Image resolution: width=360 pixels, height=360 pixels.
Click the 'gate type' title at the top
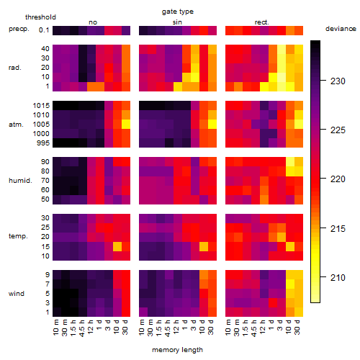pos(178,12)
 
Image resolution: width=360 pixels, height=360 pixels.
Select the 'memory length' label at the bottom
pos(177,350)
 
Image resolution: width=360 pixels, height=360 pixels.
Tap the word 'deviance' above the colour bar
pos(341,29)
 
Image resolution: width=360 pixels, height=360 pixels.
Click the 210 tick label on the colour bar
pos(338,278)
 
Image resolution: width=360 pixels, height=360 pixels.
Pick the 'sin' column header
pos(177,22)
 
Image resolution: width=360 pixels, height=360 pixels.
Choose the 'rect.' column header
pos(261,22)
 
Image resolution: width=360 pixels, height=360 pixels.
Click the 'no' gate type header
pos(93,22)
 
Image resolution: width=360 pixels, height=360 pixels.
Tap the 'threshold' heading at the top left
pos(40,17)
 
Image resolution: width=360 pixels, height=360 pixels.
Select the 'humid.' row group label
pos(20,181)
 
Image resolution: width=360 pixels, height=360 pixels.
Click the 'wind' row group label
pos(17,294)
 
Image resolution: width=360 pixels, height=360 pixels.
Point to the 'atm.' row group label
pos(16,125)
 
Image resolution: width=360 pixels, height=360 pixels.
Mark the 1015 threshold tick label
pos(41,106)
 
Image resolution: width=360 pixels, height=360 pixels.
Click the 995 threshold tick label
pos(43,143)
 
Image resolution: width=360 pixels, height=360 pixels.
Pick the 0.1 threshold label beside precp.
pos(44,30)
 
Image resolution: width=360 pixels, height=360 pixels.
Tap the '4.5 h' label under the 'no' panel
pos(82,328)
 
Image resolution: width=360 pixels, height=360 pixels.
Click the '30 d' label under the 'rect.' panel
pos(297,327)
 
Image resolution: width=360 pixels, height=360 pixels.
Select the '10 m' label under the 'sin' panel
pos(142,327)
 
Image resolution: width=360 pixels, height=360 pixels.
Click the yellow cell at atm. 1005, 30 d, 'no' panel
pos(126,125)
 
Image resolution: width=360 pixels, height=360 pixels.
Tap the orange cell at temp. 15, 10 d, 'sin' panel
pos(204,246)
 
